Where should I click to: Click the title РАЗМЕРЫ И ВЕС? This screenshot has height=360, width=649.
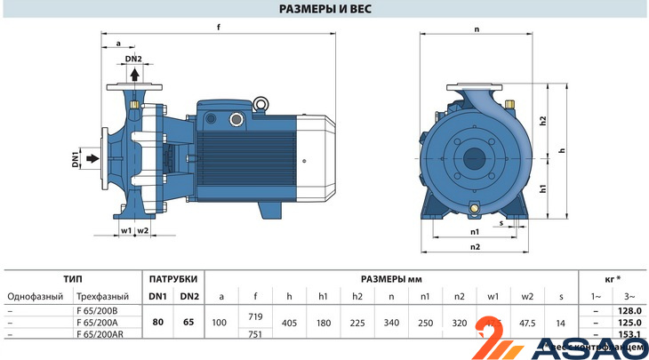pos(324,10)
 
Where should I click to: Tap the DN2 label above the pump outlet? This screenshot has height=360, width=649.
pos(133,59)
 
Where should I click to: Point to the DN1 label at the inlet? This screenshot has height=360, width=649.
pos(76,160)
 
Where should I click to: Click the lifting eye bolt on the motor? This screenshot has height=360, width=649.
pos(262,106)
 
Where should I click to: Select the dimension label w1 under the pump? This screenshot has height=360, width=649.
pos(125,231)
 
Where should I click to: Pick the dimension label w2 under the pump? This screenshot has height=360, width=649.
pos(143,231)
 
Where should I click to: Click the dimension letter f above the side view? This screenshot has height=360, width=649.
pos(219,27)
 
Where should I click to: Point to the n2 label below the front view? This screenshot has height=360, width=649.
pos(475,246)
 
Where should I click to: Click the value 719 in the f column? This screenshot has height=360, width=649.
pos(255,316)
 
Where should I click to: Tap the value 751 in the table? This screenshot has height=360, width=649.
pos(255,333)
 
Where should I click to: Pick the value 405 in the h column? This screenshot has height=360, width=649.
pos(289,322)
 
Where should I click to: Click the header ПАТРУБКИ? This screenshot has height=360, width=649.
pos(172,278)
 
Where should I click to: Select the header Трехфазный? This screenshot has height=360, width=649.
pos(103,296)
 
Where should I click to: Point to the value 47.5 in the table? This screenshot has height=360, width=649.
pos(528,322)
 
